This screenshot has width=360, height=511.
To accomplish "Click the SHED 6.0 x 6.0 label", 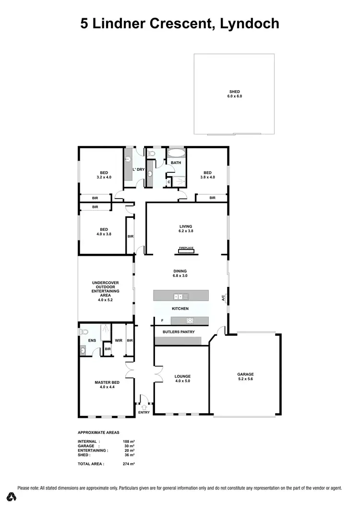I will click(x=234, y=94).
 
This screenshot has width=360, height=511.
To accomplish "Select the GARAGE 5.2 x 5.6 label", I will click(x=245, y=377).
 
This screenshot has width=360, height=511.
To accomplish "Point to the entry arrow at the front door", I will click(x=144, y=397).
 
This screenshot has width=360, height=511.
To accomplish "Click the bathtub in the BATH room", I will click(x=176, y=154).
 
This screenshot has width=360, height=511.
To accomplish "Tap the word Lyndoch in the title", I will click(x=249, y=23).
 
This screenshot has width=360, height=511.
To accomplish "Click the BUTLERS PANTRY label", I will click(x=177, y=332).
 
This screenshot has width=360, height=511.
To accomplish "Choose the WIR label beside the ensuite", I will click(x=119, y=341).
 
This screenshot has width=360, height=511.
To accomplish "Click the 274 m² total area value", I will click(x=129, y=464).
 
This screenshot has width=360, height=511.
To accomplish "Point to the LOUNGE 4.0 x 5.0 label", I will click(x=182, y=379).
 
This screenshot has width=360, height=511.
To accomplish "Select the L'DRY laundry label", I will click(x=138, y=170).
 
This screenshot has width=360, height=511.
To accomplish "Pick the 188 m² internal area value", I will click(x=129, y=441).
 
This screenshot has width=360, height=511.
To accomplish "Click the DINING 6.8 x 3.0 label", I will click(x=180, y=273).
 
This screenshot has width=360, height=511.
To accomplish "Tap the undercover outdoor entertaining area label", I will click(x=106, y=291).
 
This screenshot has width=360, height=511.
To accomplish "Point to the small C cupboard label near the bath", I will click(x=169, y=182).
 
